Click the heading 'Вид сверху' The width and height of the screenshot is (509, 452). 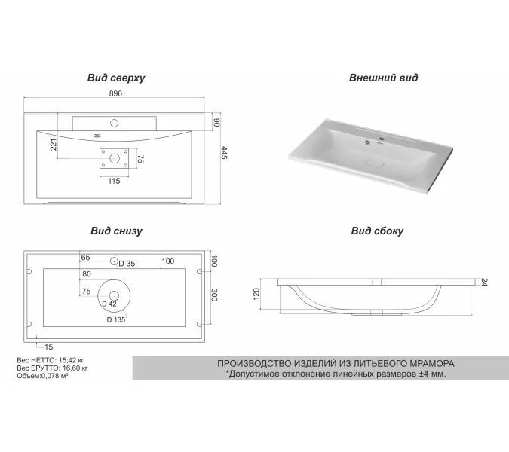[116, 78]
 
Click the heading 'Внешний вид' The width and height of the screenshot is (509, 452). [383, 78]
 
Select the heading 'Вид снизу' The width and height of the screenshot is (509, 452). [116, 231]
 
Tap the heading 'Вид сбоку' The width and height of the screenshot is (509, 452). [377, 231]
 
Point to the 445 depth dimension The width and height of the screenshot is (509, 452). [224, 153]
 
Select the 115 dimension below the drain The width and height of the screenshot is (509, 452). [114, 181]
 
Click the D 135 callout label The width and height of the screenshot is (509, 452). [115, 319]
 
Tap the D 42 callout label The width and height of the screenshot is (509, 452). [109, 304]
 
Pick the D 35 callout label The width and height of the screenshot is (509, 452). [126, 264]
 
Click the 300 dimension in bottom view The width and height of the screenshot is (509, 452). [214, 295]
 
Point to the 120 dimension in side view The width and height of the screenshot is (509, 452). [256, 295]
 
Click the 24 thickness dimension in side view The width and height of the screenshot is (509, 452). [483, 282]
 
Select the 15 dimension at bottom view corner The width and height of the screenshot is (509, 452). [48, 347]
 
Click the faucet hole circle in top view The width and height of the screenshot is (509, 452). [115, 121]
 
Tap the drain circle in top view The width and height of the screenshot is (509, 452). [115, 157]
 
